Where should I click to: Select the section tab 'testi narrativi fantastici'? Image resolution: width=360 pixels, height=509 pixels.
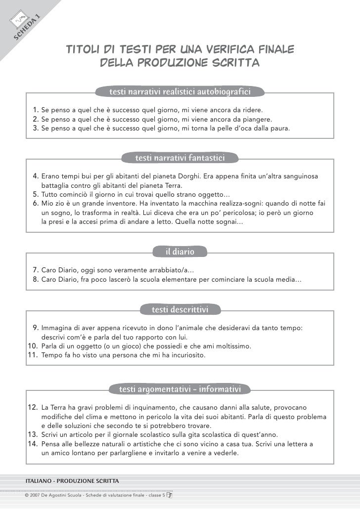click(180, 158)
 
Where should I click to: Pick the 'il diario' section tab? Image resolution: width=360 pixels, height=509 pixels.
click(180, 252)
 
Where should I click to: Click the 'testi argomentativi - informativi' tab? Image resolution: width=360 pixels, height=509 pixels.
click(180, 390)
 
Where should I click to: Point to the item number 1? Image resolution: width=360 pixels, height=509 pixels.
click(36, 109)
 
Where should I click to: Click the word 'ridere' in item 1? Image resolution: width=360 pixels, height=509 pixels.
click(252, 109)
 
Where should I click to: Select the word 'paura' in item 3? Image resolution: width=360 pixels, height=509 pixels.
click(280, 129)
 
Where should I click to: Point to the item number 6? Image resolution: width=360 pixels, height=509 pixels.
click(36, 204)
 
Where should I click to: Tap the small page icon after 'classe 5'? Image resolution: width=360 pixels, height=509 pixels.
click(169, 494)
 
